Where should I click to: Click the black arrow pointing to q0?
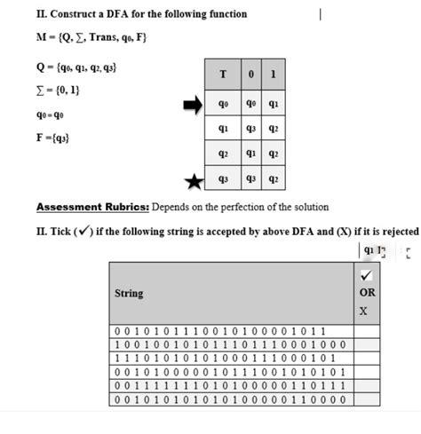click(x=193, y=106)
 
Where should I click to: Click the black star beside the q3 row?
click(x=193, y=182)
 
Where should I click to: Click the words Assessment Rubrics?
click(x=92, y=208)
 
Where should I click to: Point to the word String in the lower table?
click(x=129, y=293)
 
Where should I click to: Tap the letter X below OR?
click(x=363, y=312)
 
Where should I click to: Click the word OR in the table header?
click(x=366, y=293)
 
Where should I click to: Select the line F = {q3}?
click(x=54, y=139)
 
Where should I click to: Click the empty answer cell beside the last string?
click(x=366, y=399)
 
